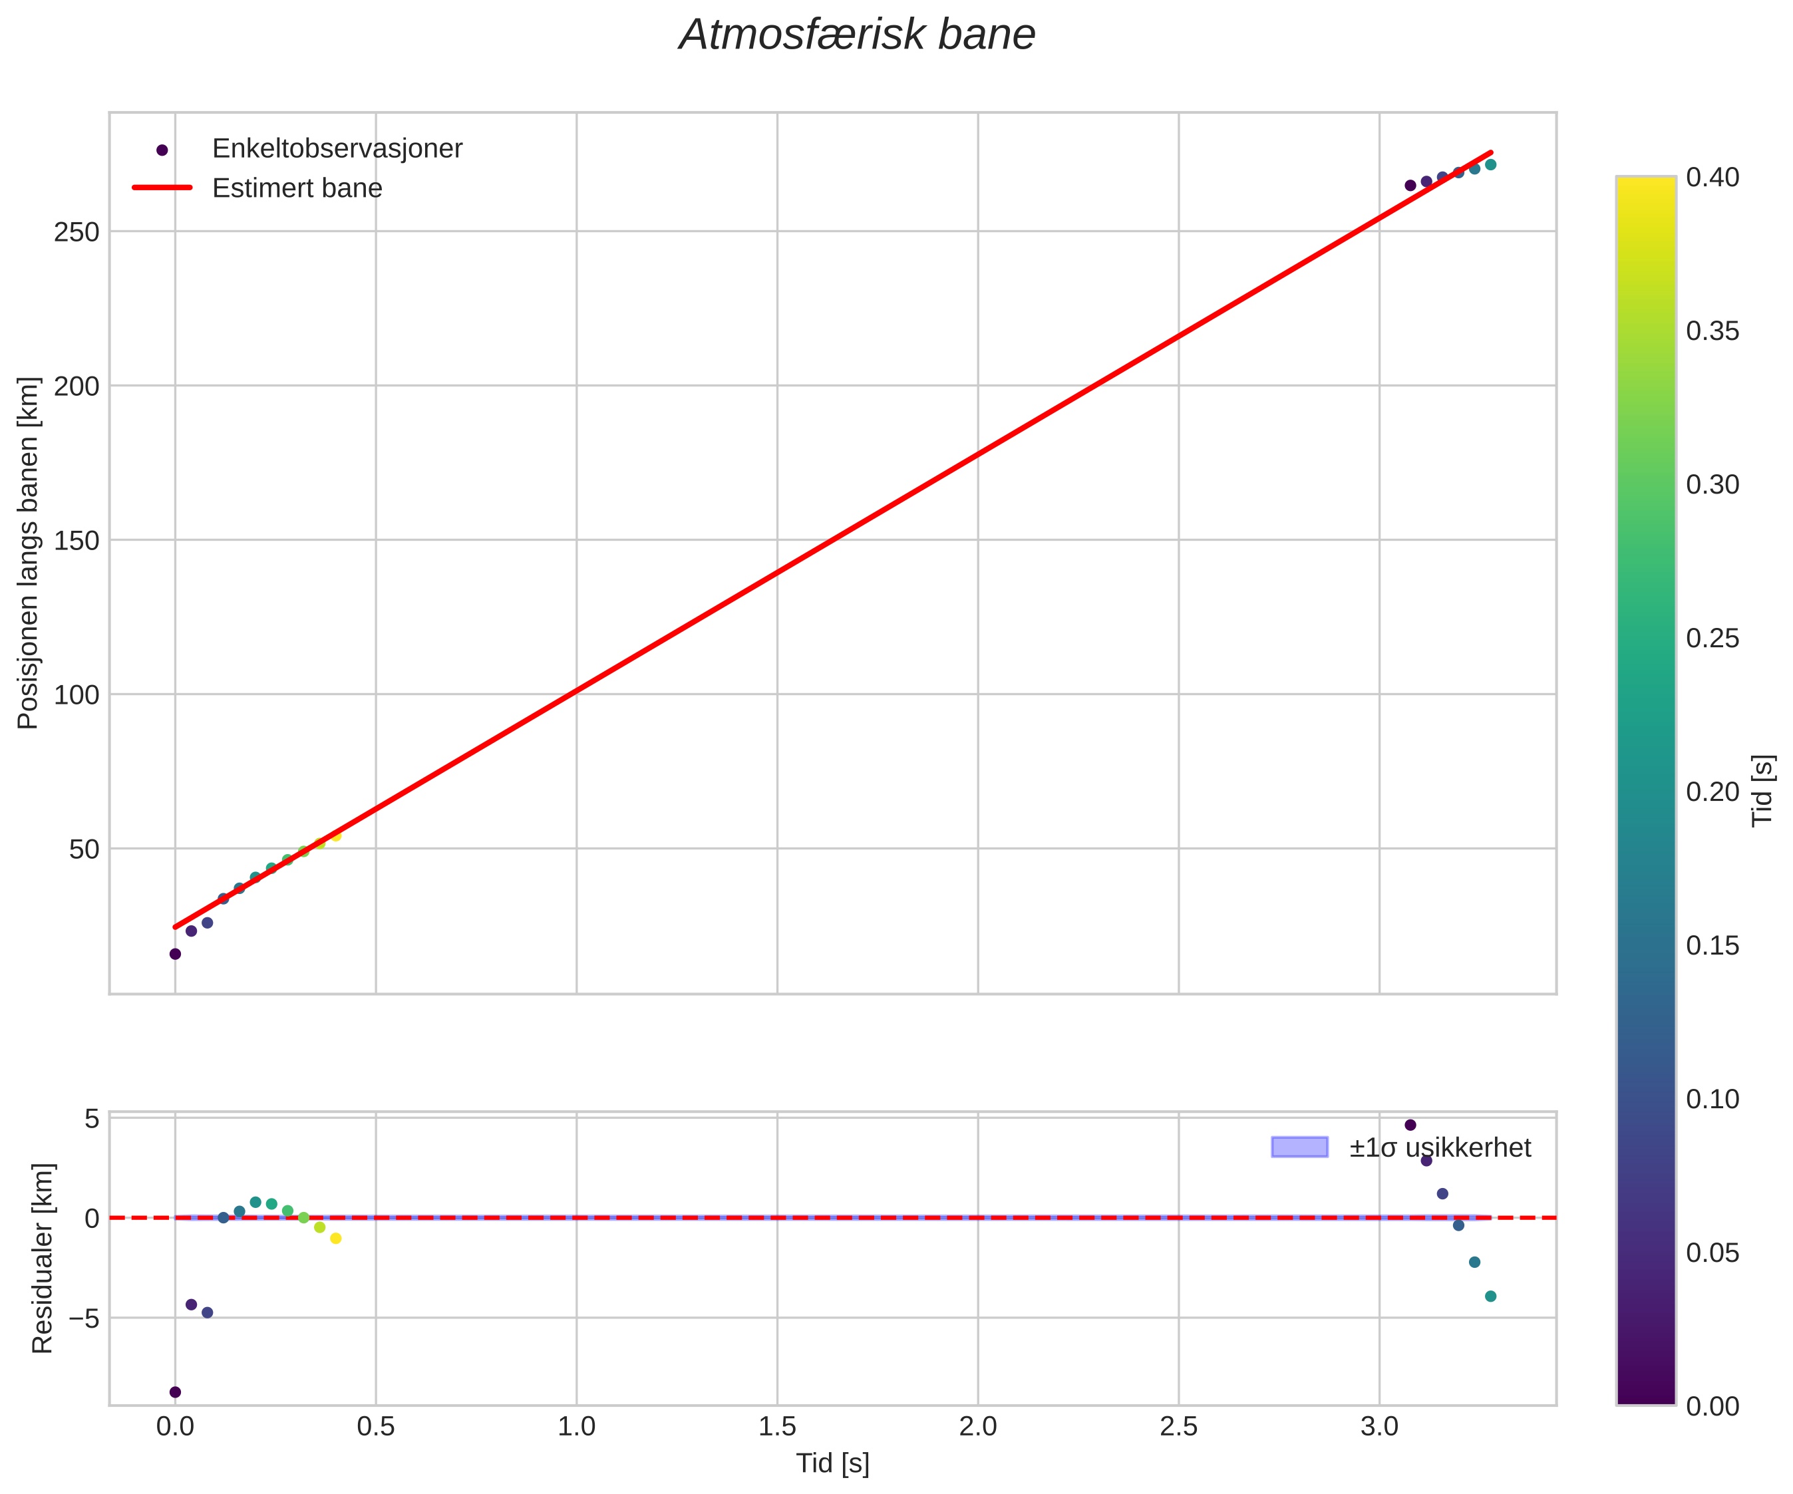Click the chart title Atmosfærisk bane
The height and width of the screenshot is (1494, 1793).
[856, 36]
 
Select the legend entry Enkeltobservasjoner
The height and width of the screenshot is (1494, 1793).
[337, 148]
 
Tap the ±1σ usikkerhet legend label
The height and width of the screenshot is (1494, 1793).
[1440, 1147]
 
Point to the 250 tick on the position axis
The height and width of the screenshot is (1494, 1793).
[77, 232]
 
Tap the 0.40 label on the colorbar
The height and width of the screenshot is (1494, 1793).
[1712, 178]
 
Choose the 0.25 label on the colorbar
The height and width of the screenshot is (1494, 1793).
[1712, 639]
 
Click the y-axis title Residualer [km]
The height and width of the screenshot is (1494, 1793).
[42, 1259]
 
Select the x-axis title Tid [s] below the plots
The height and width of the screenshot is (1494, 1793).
[832, 1463]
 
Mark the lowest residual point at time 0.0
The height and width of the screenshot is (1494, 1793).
[175, 1392]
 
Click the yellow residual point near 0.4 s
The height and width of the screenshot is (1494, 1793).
[335, 1239]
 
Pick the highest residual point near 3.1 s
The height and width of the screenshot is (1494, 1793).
[1410, 1125]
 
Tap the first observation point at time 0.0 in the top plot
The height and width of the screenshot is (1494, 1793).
[175, 954]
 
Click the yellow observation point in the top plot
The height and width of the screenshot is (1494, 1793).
[335, 835]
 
